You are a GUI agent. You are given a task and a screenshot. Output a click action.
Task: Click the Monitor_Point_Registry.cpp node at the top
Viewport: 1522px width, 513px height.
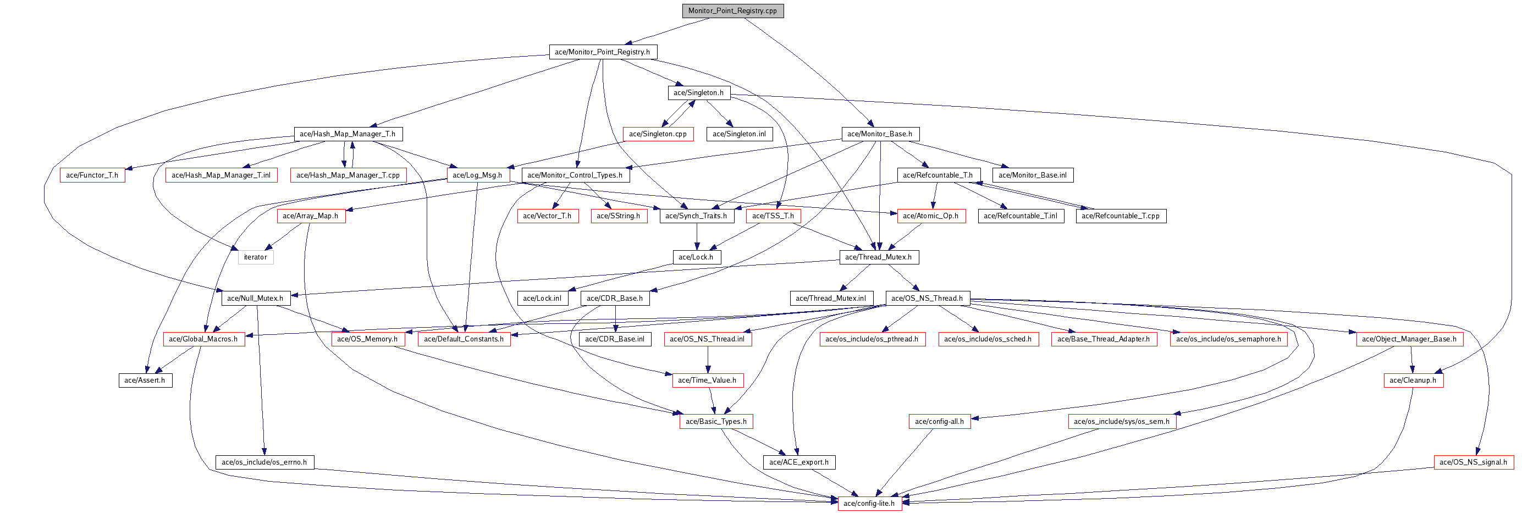click(x=732, y=10)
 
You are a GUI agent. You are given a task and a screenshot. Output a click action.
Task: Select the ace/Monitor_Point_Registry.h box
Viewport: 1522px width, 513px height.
click(x=603, y=52)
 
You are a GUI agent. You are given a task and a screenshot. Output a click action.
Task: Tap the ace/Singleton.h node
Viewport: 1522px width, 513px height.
click(x=698, y=93)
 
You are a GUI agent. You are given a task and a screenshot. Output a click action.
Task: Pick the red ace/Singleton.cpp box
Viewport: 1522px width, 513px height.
click(x=658, y=134)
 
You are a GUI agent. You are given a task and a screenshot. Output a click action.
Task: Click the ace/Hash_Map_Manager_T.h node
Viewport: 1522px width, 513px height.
click(x=348, y=134)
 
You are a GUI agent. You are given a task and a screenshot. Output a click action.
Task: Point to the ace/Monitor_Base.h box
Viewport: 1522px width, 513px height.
click(x=880, y=134)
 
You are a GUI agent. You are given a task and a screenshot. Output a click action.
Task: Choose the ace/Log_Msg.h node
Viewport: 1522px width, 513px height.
click(x=477, y=175)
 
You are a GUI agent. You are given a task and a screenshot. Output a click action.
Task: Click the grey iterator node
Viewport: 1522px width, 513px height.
click(x=256, y=257)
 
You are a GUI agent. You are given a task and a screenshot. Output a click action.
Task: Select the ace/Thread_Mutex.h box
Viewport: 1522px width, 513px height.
click(x=879, y=257)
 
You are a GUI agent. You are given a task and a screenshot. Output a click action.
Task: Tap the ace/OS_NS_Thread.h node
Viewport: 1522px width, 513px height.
click(x=927, y=299)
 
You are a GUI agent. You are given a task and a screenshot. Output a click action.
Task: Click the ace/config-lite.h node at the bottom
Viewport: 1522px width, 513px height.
click(x=869, y=504)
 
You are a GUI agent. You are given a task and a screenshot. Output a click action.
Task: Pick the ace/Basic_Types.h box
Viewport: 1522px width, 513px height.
click(x=716, y=421)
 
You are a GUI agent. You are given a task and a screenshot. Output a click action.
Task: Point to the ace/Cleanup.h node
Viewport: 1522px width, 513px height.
click(x=1413, y=380)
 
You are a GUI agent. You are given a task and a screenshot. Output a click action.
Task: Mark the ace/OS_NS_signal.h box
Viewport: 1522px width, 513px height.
click(x=1474, y=462)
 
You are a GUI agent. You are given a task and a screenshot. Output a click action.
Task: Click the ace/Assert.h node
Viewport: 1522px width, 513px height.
click(x=145, y=380)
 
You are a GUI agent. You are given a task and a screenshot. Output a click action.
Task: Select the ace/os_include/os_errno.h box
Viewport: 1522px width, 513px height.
click(x=264, y=462)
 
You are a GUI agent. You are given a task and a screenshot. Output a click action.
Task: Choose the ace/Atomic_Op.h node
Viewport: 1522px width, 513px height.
click(x=931, y=216)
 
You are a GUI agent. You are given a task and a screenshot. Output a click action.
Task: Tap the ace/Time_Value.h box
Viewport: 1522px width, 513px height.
click(x=707, y=380)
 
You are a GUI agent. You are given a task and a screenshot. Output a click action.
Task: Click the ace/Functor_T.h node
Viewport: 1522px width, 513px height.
click(x=92, y=175)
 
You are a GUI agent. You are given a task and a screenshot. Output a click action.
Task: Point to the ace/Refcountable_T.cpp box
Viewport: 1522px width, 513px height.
click(x=1121, y=216)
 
